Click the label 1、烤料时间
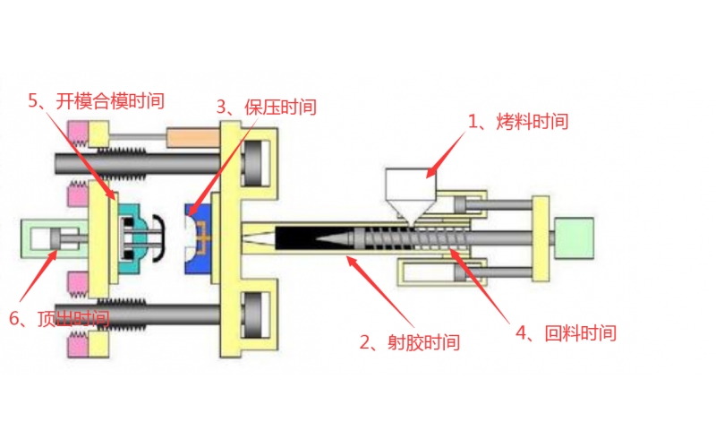pyautogui.click(x=519, y=122)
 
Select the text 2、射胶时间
pyautogui.click(x=409, y=342)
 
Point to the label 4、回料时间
pyautogui.click(x=566, y=333)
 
